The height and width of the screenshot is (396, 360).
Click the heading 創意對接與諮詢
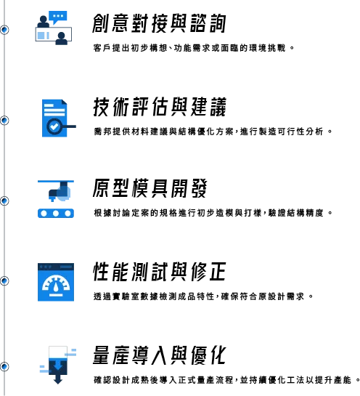[x=159, y=23]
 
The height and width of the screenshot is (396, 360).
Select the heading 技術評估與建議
[x=160, y=107]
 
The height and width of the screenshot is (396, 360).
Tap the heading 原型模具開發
[x=150, y=188]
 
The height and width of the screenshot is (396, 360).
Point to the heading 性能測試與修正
[x=160, y=272]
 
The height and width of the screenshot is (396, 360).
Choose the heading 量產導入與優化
[x=160, y=355]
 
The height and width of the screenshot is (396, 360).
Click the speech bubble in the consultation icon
[x=58, y=17]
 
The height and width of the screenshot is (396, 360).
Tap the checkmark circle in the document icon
[x=54, y=126]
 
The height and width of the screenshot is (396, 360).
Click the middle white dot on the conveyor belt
[x=56, y=214]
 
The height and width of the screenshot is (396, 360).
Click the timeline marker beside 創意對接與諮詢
[x=4, y=30]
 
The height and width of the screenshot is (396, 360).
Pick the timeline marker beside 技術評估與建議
[x=4, y=121]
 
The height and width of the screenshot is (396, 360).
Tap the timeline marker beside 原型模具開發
[x=4, y=201]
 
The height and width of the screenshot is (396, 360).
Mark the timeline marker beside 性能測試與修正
[x=4, y=281]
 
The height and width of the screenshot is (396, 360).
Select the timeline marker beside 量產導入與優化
[x=4, y=366]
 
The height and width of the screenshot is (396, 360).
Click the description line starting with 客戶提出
[x=194, y=48]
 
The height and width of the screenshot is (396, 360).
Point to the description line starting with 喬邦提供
[x=213, y=132]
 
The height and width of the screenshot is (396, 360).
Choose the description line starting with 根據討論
[x=213, y=213]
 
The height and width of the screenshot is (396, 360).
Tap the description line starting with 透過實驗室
[x=203, y=296]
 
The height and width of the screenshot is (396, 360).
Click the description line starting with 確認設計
[x=226, y=380]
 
